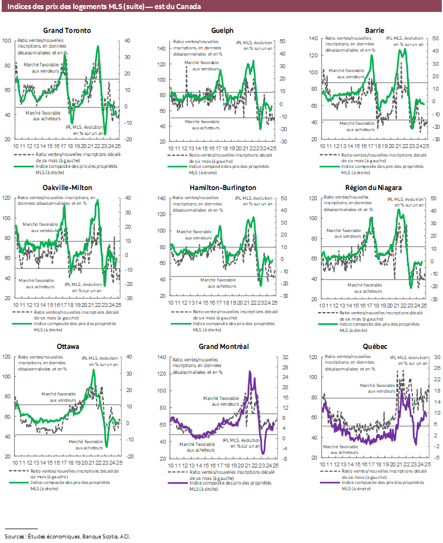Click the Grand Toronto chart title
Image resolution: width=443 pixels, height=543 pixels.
click(x=67, y=31)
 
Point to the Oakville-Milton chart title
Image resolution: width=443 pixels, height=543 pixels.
click(x=67, y=188)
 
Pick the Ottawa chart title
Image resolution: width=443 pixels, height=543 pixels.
click(x=67, y=346)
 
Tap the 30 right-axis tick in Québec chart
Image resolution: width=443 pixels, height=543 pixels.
click(x=437, y=358)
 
